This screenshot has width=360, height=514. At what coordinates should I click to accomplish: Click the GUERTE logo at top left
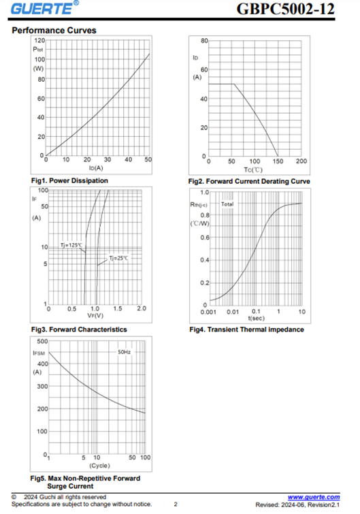(x=44, y=8)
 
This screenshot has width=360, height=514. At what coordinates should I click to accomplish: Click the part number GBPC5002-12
(x=285, y=9)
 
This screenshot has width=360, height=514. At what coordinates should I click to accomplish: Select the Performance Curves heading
(x=54, y=31)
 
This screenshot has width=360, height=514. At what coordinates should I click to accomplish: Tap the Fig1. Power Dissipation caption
(x=69, y=180)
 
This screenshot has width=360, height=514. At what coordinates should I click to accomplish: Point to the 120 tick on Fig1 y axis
(x=39, y=40)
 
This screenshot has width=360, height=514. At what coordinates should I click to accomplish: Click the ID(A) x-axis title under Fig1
(x=96, y=168)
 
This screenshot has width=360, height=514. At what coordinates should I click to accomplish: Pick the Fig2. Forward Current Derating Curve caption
(x=249, y=181)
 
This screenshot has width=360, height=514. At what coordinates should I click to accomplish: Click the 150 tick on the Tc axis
(x=278, y=161)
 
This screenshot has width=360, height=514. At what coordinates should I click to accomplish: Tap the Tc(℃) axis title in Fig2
(x=253, y=170)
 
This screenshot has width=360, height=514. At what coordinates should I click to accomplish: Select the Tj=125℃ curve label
(x=71, y=245)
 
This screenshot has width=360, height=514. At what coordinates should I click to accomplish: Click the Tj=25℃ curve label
(x=118, y=258)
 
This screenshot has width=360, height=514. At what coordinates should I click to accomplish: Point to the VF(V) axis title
(x=95, y=316)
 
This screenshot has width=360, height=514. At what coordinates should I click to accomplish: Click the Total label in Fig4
(x=227, y=204)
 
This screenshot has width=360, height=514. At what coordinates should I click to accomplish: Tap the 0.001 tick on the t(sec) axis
(x=208, y=312)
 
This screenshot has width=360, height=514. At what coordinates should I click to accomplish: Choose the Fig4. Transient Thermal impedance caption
(x=246, y=330)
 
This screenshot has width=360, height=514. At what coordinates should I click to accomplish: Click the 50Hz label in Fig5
(x=124, y=352)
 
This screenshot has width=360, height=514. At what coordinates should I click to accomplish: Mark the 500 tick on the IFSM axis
(x=43, y=341)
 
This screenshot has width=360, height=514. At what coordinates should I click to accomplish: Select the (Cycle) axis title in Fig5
(x=99, y=466)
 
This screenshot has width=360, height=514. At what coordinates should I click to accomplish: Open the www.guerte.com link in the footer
(x=314, y=497)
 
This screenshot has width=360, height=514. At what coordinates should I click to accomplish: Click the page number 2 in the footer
(x=176, y=504)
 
